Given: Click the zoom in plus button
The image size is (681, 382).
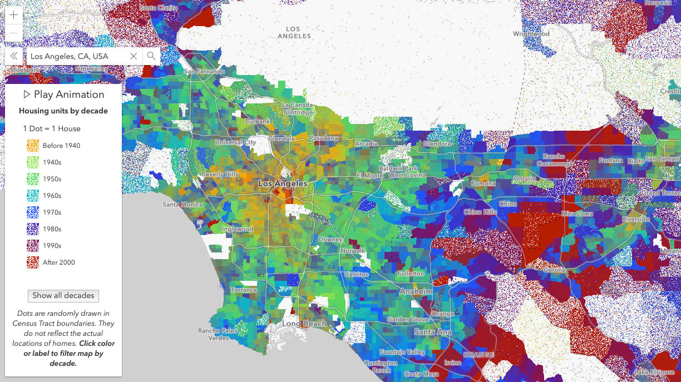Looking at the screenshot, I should [14, 15].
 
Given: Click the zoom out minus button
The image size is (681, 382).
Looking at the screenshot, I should [14, 33].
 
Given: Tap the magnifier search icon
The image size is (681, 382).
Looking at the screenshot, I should [151, 56].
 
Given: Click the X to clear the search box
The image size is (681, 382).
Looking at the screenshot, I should [134, 56].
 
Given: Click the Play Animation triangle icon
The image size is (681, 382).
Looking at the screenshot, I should [27, 95].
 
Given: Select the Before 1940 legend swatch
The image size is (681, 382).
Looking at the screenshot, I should [32, 146].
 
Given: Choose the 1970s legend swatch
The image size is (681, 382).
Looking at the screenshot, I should [32, 212].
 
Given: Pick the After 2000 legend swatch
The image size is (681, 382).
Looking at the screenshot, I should [32, 262].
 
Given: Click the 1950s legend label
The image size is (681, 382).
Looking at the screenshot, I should [52, 179].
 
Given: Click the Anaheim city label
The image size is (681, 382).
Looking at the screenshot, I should [416, 291].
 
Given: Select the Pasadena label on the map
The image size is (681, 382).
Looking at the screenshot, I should [323, 138].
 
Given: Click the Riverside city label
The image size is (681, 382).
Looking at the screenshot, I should [635, 219].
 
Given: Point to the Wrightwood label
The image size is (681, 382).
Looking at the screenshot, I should [531, 34].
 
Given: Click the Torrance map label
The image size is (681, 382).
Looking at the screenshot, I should [244, 290].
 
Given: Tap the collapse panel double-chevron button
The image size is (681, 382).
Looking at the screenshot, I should [14, 56].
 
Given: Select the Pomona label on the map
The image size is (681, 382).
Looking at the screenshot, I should [483, 183].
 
